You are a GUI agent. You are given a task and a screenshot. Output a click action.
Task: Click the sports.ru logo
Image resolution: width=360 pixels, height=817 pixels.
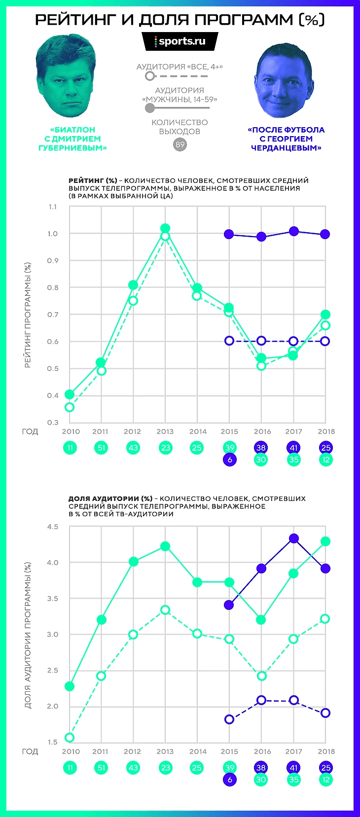(180, 41)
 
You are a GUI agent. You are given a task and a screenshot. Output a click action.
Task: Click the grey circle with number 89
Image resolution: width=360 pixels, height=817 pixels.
(180, 144)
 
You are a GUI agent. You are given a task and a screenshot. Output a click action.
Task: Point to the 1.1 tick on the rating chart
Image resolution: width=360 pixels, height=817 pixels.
(53, 207)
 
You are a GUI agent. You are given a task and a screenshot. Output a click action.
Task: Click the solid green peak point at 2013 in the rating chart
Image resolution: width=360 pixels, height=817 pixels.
(165, 228)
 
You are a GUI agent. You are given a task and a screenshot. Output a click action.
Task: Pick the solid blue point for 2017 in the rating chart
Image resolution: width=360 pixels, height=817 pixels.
(294, 231)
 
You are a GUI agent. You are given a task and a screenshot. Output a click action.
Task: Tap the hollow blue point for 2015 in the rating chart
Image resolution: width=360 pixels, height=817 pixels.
(229, 341)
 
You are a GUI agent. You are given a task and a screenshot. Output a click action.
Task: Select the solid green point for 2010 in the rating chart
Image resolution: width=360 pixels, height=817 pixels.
(70, 394)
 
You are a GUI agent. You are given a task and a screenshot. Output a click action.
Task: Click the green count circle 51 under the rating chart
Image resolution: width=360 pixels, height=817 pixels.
(101, 448)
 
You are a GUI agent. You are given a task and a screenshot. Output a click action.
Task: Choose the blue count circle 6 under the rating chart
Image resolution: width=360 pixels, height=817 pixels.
(229, 460)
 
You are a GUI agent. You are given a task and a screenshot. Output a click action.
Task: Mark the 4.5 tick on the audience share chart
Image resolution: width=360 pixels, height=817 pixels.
(53, 527)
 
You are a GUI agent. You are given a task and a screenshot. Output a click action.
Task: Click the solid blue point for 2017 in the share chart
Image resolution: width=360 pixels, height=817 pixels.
(294, 538)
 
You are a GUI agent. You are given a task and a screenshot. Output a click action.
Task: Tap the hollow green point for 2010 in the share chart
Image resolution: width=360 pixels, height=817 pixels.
(70, 738)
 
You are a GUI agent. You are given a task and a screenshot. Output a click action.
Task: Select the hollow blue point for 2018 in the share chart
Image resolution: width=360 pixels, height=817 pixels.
(325, 713)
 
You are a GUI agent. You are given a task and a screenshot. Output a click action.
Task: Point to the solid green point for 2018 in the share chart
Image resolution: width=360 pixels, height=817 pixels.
(325, 541)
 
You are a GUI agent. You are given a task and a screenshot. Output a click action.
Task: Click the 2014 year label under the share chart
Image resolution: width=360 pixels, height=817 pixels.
(198, 751)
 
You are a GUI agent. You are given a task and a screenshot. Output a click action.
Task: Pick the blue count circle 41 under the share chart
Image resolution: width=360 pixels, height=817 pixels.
(294, 768)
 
